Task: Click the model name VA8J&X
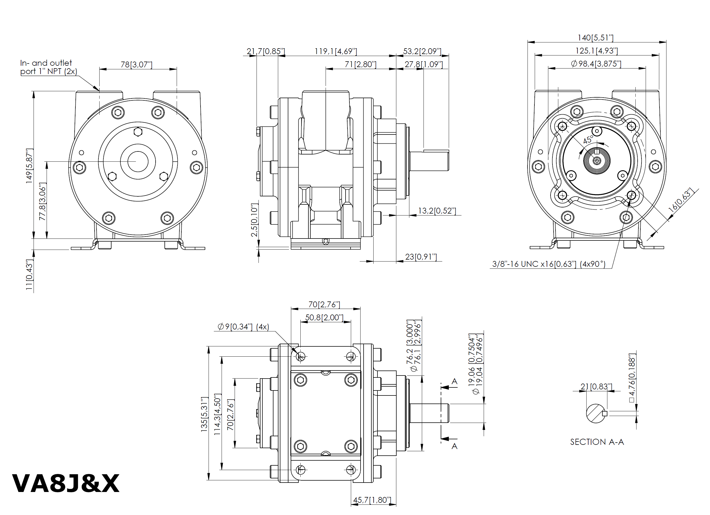pyautogui.click(x=65, y=484)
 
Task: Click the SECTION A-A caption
pyautogui.click(x=597, y=442)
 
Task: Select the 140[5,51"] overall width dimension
pyautogui.click(x=595, y=38)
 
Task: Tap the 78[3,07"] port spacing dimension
pyautogui.click(x=136, y=65)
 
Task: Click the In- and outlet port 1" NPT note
pyautogui.click(x=48, y=67)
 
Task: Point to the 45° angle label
pyautogui.click(x=588, y=139)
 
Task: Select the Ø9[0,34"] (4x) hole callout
pyautogui.click(x=243, y=327)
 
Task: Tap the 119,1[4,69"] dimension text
pyautogui.click(x=336, y=51)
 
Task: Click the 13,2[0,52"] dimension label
pyautogui.click(x=437, y=211)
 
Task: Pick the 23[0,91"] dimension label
pyautogui.click(x=421, y=257)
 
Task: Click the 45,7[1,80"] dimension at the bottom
pyautogui.click(x=372, y=500)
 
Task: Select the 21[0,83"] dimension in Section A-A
pyautogui.click(x=596, y=387)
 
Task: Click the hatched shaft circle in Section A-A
pyautogui.click(x=595, y=413)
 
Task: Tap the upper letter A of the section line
pyautogui.click(x=455, y=382)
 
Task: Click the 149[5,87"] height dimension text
pyautogui.click(x=29, y=166)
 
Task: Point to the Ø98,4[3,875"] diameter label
pyautogui.click(x=596, y=64)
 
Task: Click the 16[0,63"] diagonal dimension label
pyautogui.click(x=681, y=200)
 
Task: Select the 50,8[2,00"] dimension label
pyautogui.click(x=324, y=318)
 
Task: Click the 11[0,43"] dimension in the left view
pyautogui.click(x=29, y=275)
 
